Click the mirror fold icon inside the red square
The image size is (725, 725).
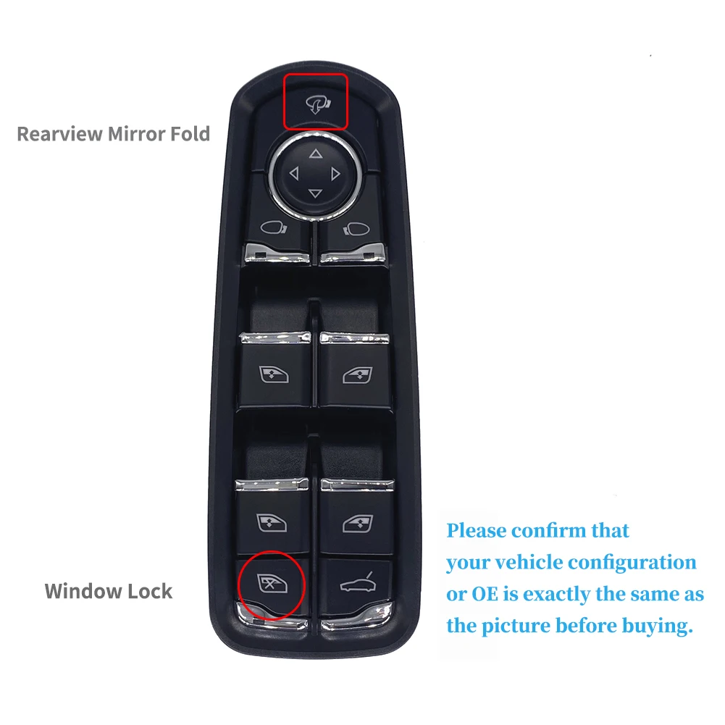315,104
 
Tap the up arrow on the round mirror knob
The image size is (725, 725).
315,154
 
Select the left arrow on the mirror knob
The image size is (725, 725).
293,174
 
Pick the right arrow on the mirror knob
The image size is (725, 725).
335,174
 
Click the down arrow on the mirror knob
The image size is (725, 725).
315,193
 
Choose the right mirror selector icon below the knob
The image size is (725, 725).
354,230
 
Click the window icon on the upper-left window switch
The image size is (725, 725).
275,374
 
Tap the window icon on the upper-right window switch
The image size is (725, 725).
356,374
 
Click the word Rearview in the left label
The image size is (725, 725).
59,134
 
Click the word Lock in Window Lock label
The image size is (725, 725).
149,591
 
